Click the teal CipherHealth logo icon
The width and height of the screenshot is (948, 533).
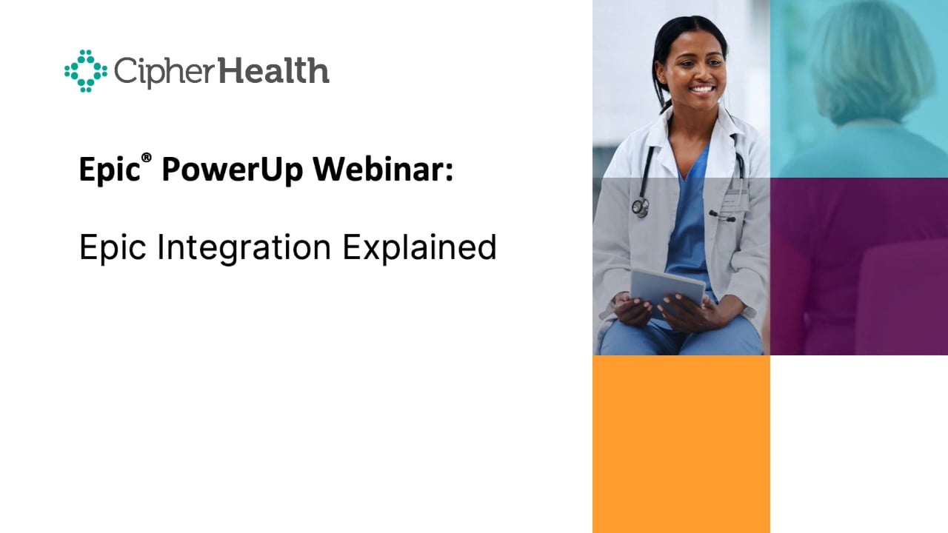[86, 71]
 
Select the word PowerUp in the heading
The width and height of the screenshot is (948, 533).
[230, 170]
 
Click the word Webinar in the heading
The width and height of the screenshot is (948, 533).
[378, 170]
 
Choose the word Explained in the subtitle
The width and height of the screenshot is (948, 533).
[419, 247]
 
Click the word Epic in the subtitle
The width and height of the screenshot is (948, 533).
[112, 247]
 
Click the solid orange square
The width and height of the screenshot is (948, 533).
[681, 443]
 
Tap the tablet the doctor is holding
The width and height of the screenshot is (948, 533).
[666, 292]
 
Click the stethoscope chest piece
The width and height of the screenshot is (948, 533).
[640, 207]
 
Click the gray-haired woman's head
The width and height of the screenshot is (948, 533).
[869, 63]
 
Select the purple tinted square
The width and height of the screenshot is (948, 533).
[858, 266]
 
